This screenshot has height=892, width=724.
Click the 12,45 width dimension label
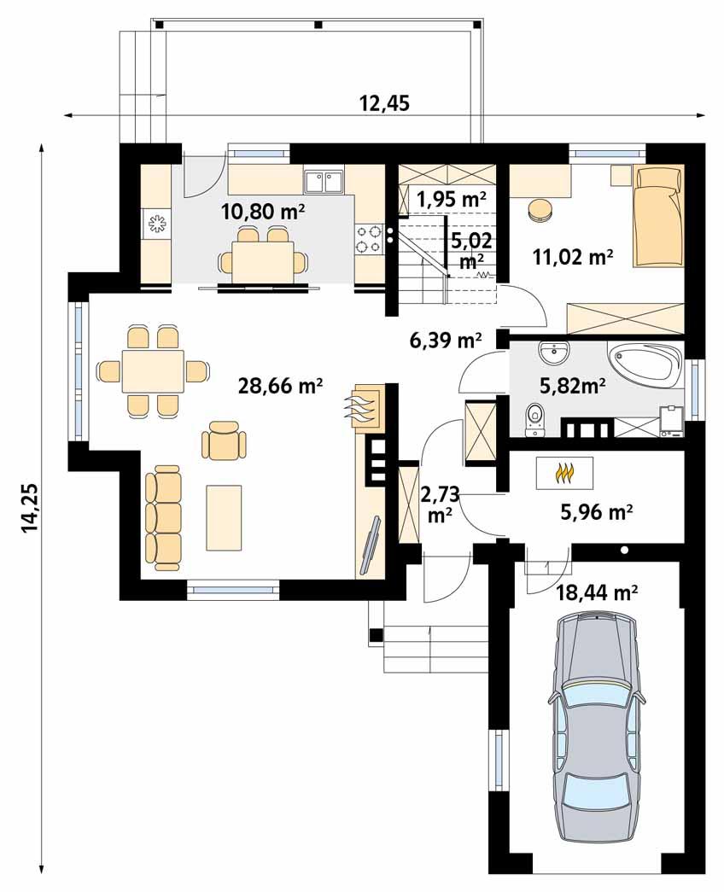(x=384, y=103)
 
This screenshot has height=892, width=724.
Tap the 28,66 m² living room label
(x=280, y=386)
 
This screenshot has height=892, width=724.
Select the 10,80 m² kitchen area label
(x=264, y=210)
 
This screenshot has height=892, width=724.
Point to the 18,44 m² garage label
(x=597, y=592)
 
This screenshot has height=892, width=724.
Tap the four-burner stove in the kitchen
(x=369, y=239)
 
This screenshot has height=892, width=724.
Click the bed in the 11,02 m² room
(x=658, y=215)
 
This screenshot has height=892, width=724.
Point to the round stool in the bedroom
(x=540, y=211)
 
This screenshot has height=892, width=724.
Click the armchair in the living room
(x=224, y=441)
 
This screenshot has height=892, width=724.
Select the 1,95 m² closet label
(x=451, y=199)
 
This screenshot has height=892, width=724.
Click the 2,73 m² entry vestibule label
(x=439, y=504)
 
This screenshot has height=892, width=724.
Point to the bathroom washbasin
(x=555, y=351)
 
